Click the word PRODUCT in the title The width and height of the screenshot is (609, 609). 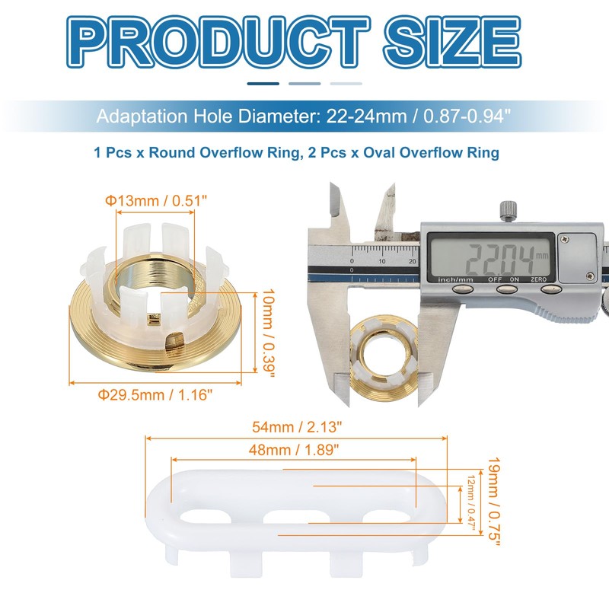(x=218, y=42)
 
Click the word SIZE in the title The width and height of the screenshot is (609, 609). (x=452, y=42)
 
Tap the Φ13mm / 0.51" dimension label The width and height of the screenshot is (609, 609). (x=156, y=201)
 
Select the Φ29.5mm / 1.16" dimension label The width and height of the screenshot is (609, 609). (x=155, y=394)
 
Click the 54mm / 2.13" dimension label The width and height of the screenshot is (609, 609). (x=297, y=427)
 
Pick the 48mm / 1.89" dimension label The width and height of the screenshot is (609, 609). (x=294, y=450)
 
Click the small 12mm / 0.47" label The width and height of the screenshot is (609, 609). (x=471, y=503)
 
